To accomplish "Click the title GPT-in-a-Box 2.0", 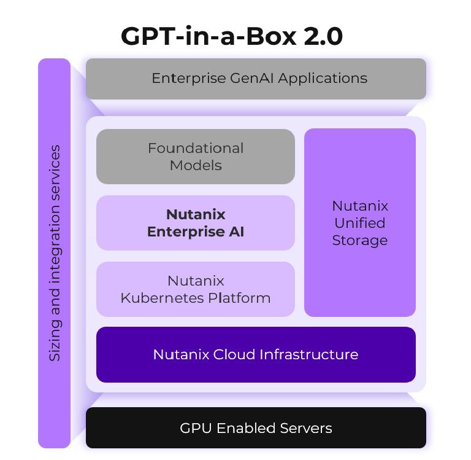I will click(231, 36).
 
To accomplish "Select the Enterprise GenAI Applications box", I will click(256, 79).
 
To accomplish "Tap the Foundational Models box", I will click(195, 157).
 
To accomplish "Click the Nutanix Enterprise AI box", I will click(195, 223).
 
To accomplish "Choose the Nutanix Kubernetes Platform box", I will click(195, 289).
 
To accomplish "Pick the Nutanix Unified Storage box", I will click(359, 223).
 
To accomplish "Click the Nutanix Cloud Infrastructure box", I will click(256, 354).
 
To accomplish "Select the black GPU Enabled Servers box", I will click(256, 428).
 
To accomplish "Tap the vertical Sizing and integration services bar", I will click(55, 253).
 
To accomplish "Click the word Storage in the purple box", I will click(359, 240).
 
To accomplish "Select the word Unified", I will click(359, 223).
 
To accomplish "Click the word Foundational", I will click(195, 148).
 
